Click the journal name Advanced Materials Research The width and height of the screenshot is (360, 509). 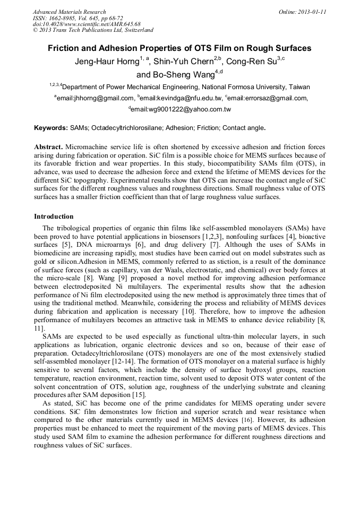[70, 12]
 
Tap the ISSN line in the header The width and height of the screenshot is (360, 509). [78, 18]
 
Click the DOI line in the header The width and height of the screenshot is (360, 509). [87, 24]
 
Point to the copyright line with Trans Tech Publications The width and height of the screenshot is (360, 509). [93, 30]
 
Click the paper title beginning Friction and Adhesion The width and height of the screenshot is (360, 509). [180, 48]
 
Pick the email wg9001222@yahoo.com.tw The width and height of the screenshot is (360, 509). [181, 109]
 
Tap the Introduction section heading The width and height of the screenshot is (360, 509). [54, 217]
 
